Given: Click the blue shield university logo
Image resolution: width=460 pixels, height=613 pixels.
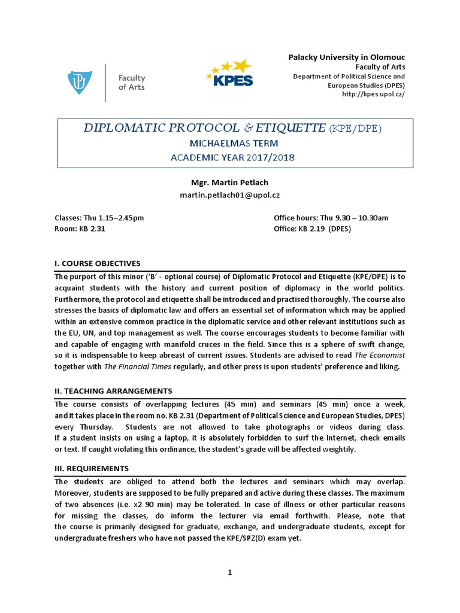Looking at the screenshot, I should tap(80, 82).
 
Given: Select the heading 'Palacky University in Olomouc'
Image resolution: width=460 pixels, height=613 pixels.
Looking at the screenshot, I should tap(346, 57).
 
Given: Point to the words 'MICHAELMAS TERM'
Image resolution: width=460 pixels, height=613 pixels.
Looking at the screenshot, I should tap(234, 144).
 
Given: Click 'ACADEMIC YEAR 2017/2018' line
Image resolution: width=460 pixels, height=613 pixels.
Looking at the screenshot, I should tap(234, 158).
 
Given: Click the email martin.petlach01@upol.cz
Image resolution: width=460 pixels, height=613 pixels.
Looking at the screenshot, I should tap(231, 195).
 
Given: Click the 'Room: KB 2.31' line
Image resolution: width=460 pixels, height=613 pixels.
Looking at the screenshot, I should tap(80, 229).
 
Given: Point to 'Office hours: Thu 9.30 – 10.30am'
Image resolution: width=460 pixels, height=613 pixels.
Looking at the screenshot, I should tap(331, 218).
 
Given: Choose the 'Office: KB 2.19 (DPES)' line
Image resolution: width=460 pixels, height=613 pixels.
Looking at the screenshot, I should tap(312, 229).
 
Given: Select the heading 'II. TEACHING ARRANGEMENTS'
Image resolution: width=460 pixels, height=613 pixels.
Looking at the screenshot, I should tap(113, 391).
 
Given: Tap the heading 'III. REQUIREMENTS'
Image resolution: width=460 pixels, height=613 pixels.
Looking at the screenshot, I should tap(91, 468).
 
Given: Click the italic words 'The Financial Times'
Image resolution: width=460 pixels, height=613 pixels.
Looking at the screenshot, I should tap(117, 366).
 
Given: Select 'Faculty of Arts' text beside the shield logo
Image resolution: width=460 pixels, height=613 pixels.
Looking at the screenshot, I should tap(131, 83).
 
